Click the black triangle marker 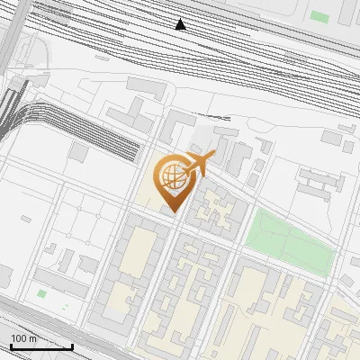tap(181, 24)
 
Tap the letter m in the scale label tap(32, 338)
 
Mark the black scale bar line tap(41, 347)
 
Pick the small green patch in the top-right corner tap(319, 16)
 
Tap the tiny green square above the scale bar tap(41, 293)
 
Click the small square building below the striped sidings tap(80, 154)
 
